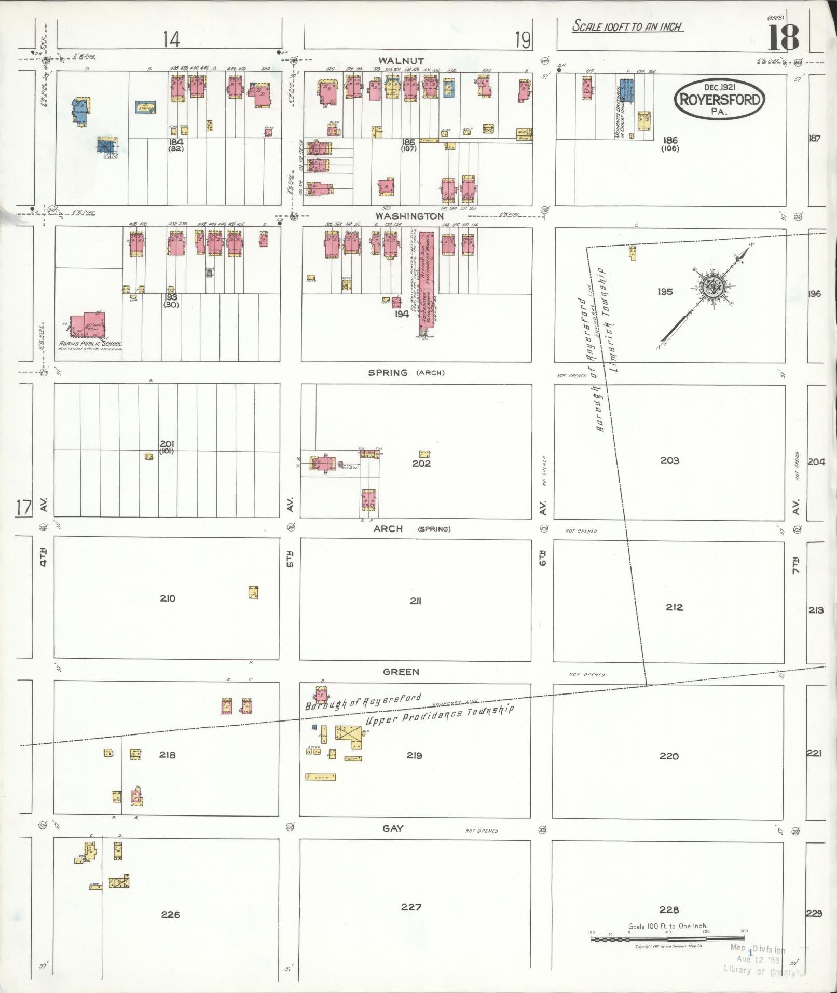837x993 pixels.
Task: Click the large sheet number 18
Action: pos(783,37)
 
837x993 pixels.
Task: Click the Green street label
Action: pos(401,672)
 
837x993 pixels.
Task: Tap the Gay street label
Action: pos(393,828)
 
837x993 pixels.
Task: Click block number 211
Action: pos(415,601)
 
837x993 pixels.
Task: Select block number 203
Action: pos(669,460)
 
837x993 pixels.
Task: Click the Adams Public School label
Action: pos(90,344)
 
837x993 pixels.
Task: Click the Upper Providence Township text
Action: pos(440,715)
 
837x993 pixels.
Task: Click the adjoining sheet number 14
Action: pos(171,39)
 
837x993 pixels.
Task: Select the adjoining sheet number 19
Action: pos(523,40)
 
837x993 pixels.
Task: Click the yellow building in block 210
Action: pos(253,592)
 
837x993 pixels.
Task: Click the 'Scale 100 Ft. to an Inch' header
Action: pos(627,26)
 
